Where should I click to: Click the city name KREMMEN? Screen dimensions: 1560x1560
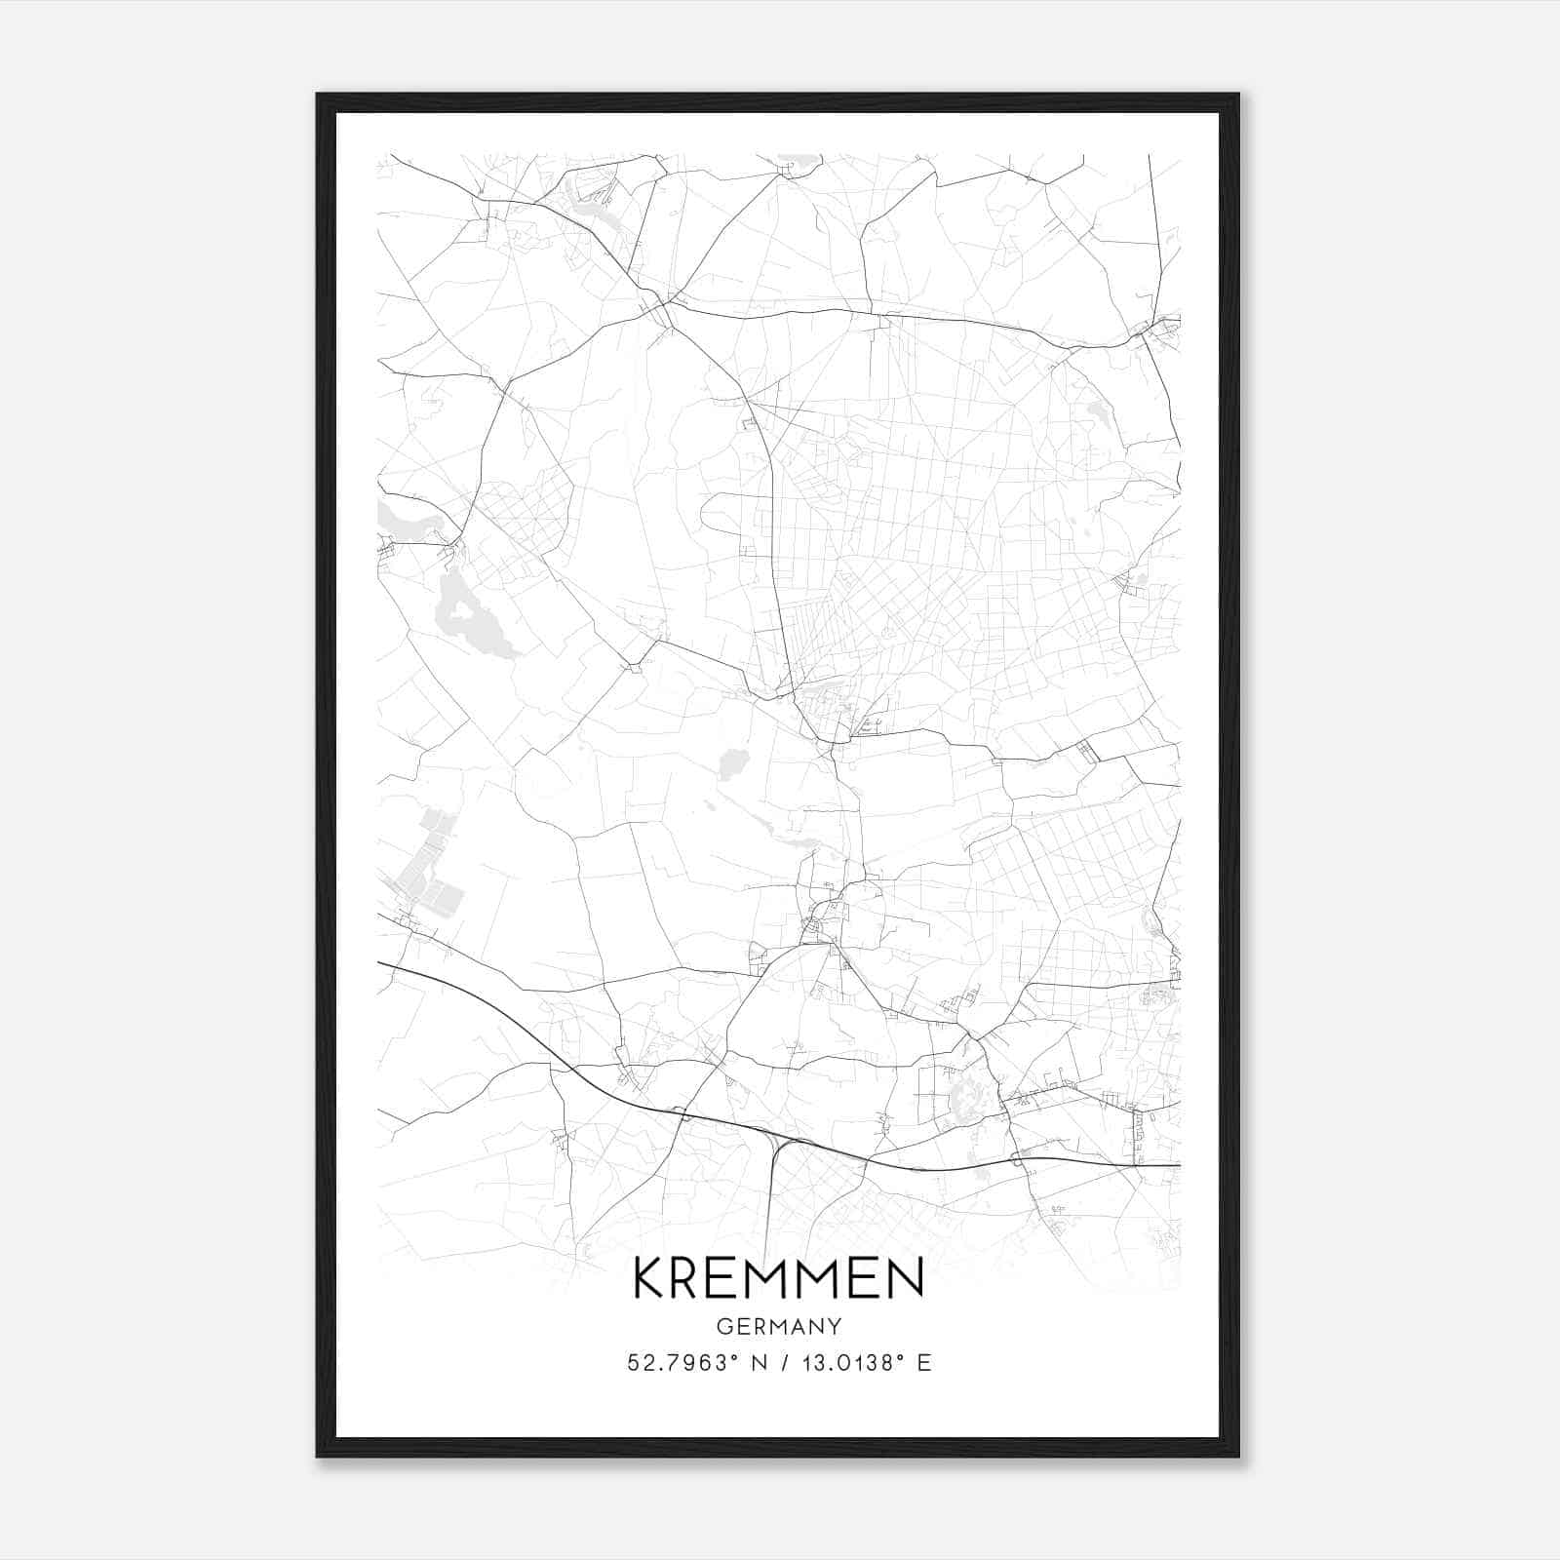click(x=778, y=1278)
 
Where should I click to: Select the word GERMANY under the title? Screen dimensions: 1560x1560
click(x=778, y=1326)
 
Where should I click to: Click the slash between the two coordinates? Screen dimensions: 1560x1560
click(x=782, y=1363)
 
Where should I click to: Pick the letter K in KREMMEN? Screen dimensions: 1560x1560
click(x=650, y=1278)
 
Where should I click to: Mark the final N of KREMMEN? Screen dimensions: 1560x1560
click(x=906, y=1278)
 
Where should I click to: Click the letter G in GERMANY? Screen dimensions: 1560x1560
click(x=722, y=1326)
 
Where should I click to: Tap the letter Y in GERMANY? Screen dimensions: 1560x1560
click(x=835, y=1326)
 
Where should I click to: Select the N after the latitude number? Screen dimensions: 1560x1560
click(x=758, y=1363)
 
